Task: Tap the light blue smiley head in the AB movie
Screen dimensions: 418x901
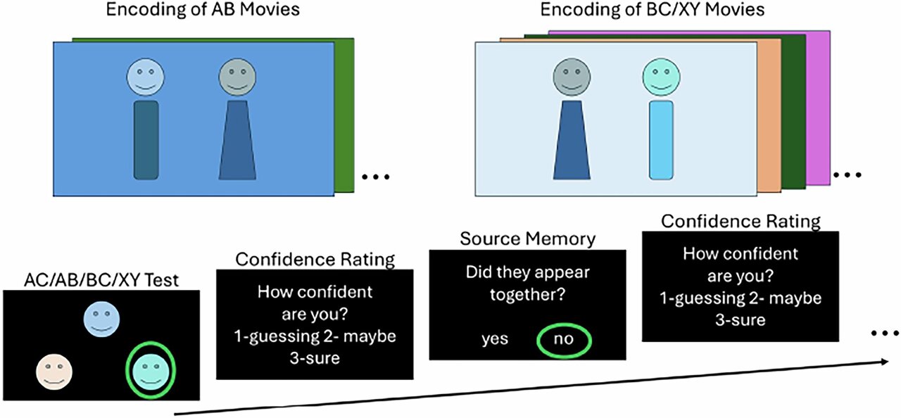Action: coord(145,77)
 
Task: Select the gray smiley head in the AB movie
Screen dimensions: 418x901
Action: coord(237,77)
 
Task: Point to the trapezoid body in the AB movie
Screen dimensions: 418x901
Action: coord(237,144)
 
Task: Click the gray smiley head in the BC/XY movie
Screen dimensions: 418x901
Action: coord(571,77)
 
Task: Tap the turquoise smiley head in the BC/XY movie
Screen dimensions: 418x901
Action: coord(662,77)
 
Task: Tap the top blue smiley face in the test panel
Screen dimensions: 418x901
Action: coord(102,319)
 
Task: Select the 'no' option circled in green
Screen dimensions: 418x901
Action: coord(563,339)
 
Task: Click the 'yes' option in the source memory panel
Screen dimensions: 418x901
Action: coord(495,339)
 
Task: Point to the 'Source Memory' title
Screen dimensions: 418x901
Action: coord(527,239)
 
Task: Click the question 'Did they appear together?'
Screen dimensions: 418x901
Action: coord(527,282)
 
